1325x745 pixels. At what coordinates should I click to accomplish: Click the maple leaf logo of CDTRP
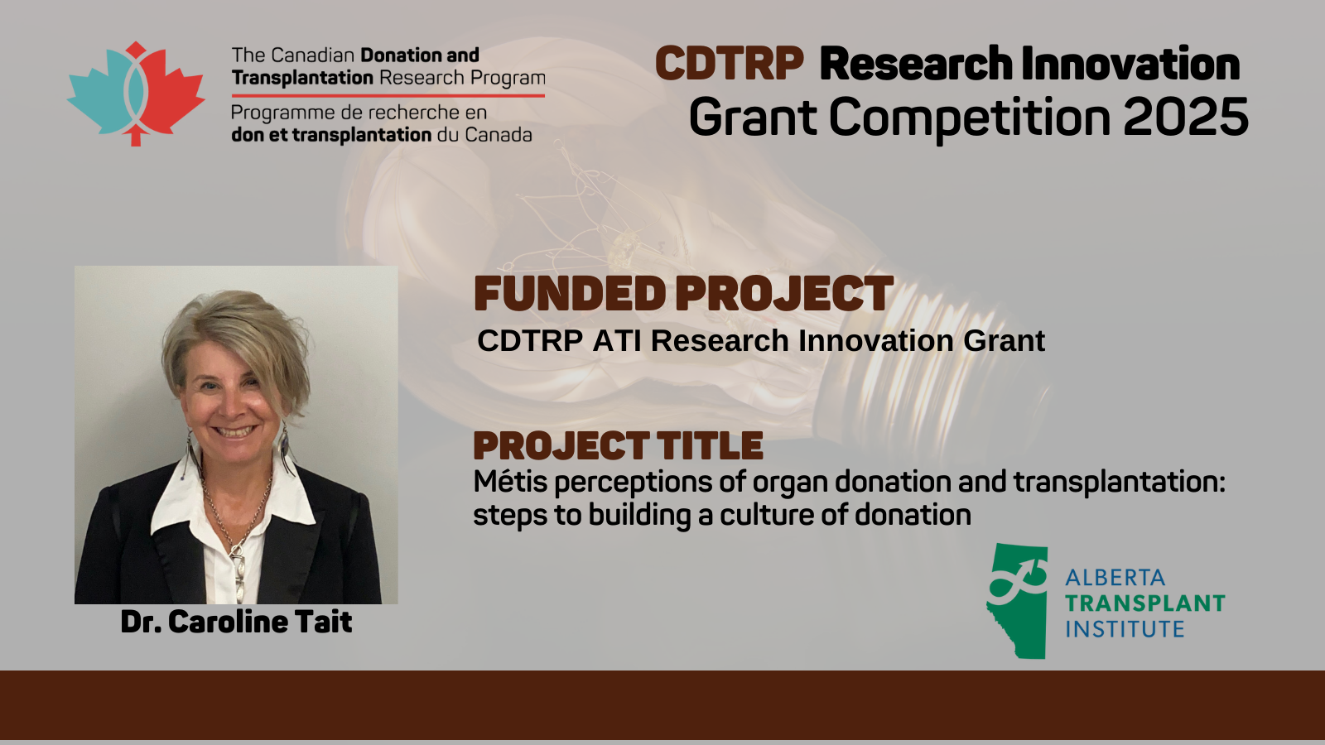click(x=136, y=94)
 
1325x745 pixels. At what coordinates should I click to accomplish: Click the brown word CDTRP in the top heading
click(x=730, y=63)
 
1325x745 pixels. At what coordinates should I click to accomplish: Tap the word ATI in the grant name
click(x=617, y=340)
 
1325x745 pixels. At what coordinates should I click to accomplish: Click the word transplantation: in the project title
click(x=1119, y=483)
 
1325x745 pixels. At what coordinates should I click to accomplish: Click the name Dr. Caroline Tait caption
click(x=236, y=622)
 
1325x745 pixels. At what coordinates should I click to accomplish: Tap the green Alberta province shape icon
click(x=1017, y=601)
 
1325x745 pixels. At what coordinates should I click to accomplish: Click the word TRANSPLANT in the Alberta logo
click(x=1144, y=603)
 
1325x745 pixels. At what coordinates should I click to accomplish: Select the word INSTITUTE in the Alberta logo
click(x=1125, y=629)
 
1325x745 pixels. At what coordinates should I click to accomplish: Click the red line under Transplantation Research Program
click(x=388, y=95)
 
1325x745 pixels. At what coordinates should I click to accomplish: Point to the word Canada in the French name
click(x=498, y=135)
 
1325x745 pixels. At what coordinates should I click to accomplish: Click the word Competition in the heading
click(x=970, y=118)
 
